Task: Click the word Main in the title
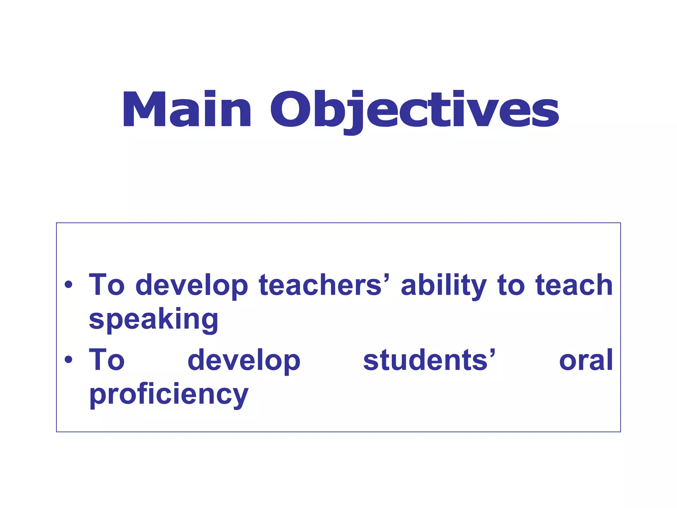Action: pyautogui.click(x=187, y=109)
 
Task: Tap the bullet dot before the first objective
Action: pyautogui.click(x=68, y=284)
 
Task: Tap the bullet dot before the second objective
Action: pyautogui.click(x=68, y=360)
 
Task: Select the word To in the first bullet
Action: pyautogui.click(x=107, y=285)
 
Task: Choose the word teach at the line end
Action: pyautogui.click(x=574, y=285)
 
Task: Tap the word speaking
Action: pyautogui.click(x=154, y=320)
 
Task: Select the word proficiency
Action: pyautogui.click(x=169, y=395)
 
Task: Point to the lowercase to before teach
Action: pyautogui.click(x=511, y=285)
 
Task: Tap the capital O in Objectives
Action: pyautogui.click(x=290, y=109)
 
